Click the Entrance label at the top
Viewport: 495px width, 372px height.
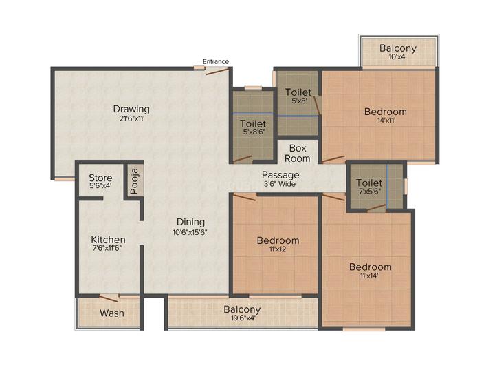click(216, 61)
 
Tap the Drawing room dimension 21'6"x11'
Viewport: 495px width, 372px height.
click(131, 118)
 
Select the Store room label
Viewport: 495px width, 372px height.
click(100, 178)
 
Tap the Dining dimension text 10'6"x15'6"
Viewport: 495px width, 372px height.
click(190, 231)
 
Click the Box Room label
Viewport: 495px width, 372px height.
click(298, 153)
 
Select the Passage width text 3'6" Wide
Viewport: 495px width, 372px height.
click(280, 184)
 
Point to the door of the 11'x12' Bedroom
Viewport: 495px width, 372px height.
click(245, 196)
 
